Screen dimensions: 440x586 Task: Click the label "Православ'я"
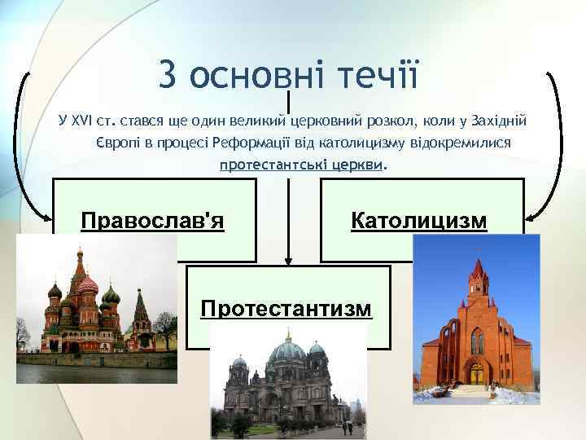coord(152,220)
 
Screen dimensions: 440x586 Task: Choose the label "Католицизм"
coord(419,220)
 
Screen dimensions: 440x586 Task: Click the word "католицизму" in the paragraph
coord(364,143)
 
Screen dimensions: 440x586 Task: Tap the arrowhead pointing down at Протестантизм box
coord(286,261)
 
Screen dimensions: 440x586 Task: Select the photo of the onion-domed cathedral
coord(96,310)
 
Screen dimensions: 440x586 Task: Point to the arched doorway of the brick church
coord(476,374)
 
